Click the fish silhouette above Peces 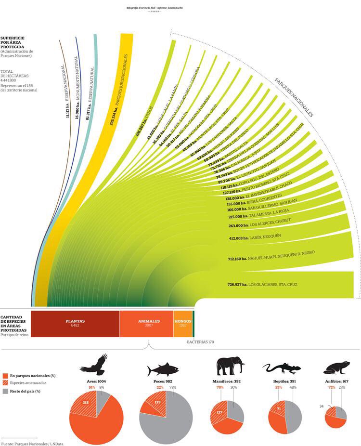(x=163, y=369)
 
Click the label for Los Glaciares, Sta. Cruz (x=262, y=285)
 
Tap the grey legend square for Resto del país (x=5, y=391)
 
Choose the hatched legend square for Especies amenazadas (x=5, y=383)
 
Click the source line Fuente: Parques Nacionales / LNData (x=32, y=443)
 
